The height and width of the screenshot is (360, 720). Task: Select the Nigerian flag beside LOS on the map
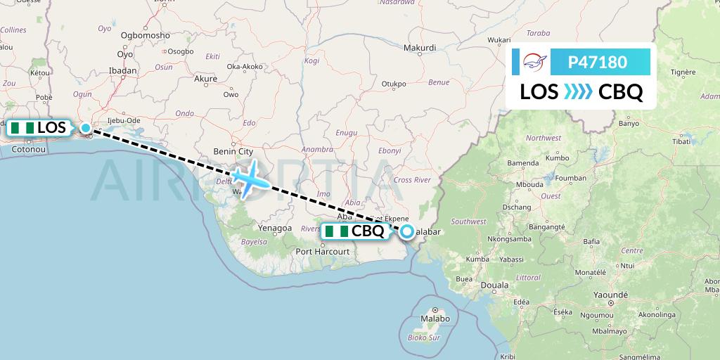click(22, 128)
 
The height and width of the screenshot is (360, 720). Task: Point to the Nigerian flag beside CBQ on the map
click(335, 231)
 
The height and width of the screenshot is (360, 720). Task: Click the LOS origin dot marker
click(86, 128)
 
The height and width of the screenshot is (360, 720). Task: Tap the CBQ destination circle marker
click(408, 231)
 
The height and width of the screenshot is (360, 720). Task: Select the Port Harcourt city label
click(323, 251)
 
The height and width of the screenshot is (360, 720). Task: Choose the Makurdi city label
click(420, 48)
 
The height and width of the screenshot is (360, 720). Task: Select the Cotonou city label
click(29, 149)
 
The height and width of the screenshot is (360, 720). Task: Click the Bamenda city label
click(522, 163)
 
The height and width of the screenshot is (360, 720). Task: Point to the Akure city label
click(205, 79)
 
